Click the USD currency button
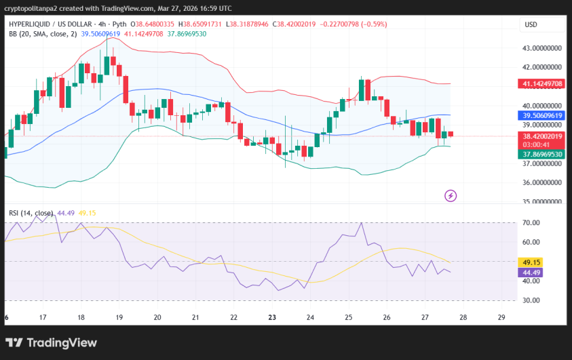click(531, 25)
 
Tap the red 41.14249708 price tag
click(542, 83)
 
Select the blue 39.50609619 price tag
click(542, 116)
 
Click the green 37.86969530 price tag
click(542, 155)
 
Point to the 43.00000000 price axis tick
click(542, 48)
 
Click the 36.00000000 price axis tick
click(542, 182)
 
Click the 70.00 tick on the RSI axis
click(531, 223)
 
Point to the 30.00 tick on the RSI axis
click(531, 300)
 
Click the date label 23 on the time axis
click(271, 317)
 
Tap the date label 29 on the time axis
click(501, 317)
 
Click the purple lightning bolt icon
click(451, 196)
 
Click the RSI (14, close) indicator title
click(31, 213)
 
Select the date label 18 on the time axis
click(81, 317)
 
